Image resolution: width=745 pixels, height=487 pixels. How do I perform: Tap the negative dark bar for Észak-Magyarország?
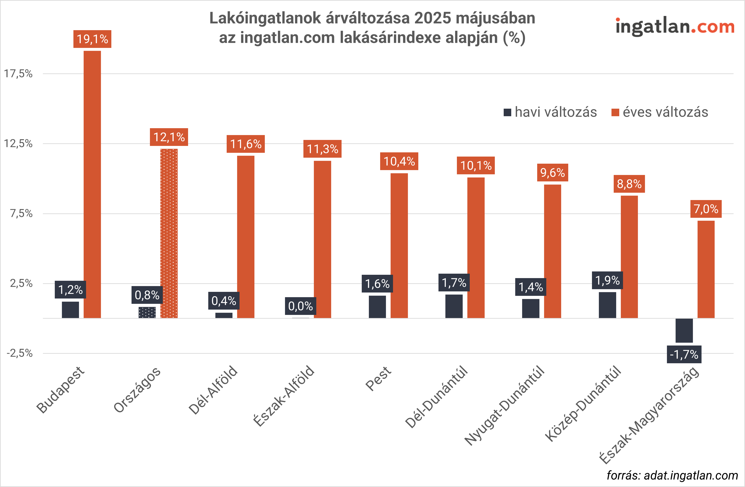[684, 330]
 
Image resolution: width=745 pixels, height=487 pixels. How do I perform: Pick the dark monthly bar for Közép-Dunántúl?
[607, 305]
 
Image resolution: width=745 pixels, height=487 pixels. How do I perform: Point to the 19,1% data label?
[92, 39]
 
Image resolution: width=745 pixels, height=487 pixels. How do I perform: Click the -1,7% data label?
[684, 355]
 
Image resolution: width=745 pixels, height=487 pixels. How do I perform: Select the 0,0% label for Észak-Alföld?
[301, 306]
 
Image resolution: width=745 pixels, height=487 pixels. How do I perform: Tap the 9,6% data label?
[552, 173]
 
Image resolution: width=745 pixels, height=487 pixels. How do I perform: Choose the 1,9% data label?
[607, 281]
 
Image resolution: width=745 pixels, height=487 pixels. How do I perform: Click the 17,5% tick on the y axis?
[18, 74]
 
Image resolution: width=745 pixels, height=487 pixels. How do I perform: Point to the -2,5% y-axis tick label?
[20, 353]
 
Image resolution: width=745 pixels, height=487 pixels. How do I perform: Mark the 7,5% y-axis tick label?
[21, 214]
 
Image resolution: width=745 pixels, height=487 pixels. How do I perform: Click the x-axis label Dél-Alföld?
[213, 390]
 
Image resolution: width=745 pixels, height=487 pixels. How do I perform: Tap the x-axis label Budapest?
[60, 390]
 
